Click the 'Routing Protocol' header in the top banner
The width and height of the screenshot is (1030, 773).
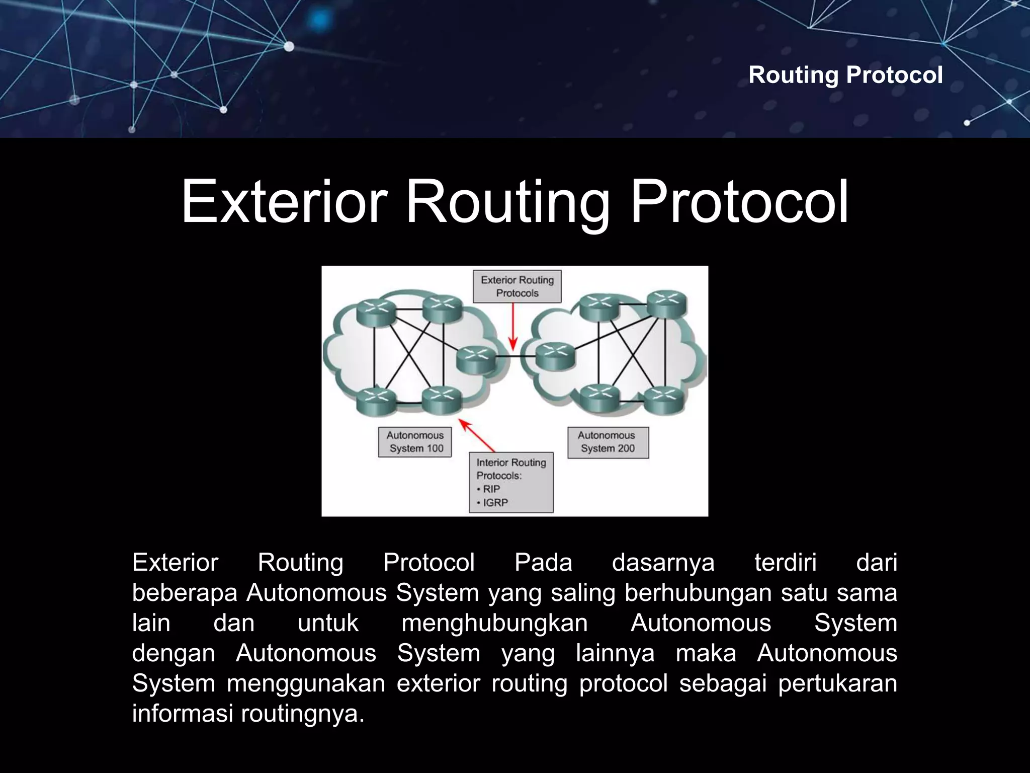[845, 75]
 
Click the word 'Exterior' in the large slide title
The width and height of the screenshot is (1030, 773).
[284, 202]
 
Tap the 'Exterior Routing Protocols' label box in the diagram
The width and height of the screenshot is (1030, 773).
[517, 286]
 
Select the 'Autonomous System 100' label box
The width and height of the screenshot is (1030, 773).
[415, 442]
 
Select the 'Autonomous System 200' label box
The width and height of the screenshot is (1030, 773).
[608, 442]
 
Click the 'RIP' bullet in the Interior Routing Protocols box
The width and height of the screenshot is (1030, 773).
[491, 489]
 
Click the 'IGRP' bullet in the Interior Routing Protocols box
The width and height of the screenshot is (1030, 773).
[495, 502]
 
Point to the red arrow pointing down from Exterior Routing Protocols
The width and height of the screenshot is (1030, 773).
[513, 327]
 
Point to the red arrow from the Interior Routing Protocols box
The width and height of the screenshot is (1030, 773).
[477, 436]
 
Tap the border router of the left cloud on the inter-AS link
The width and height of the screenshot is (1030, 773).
[476, 359]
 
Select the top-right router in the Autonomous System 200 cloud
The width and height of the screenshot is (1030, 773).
[666, 303]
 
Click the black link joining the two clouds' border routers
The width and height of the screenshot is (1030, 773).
[515, 356]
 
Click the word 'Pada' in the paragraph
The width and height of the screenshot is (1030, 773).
[543, 562]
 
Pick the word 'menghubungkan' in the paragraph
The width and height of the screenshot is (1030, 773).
[494, 623]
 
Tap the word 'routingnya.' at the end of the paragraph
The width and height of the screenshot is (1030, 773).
[303, 714]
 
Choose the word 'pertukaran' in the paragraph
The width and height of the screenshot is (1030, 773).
[837, 683]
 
